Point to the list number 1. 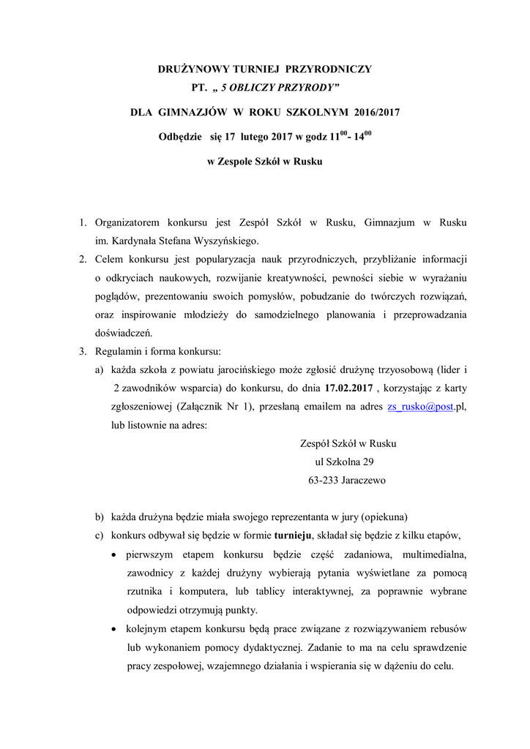[83, 221]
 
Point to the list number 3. [83, 351]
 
